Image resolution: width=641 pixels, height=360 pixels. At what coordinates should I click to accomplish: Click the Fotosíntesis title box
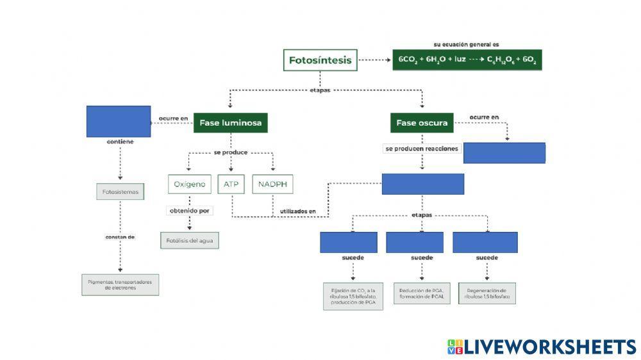(320, 60)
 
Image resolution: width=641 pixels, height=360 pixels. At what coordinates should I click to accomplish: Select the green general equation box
(467, 60)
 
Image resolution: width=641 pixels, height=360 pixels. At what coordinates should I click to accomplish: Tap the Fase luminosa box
(230, 122)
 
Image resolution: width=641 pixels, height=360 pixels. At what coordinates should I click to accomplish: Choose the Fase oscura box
(422, 122)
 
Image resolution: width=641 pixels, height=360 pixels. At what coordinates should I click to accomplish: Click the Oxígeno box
(190, 184)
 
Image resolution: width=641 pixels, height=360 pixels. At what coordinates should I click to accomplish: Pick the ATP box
(231, 184)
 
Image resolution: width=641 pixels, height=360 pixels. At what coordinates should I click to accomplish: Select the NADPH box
(273, 184)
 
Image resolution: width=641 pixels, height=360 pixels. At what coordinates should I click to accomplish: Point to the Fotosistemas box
(121, 192)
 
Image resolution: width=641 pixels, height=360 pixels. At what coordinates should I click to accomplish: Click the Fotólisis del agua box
(190, 241)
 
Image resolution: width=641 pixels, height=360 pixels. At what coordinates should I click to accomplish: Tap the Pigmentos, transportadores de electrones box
(120, 284)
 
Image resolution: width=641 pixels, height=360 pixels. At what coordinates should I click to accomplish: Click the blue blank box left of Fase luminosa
(119, 121)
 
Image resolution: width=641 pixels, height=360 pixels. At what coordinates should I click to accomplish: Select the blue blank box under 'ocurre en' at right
(504, 152)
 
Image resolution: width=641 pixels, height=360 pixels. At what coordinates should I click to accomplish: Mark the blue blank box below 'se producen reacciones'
(423, 184)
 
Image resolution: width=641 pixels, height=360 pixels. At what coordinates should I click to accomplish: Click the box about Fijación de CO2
(353, 295)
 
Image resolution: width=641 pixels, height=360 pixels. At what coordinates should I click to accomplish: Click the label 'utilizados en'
(298, 211)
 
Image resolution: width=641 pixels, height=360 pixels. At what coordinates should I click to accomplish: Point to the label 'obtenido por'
(190, 211)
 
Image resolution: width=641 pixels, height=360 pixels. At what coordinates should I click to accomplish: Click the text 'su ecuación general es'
(466, 44)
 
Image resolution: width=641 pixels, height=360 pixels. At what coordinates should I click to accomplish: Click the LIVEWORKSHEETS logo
(542, 347)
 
